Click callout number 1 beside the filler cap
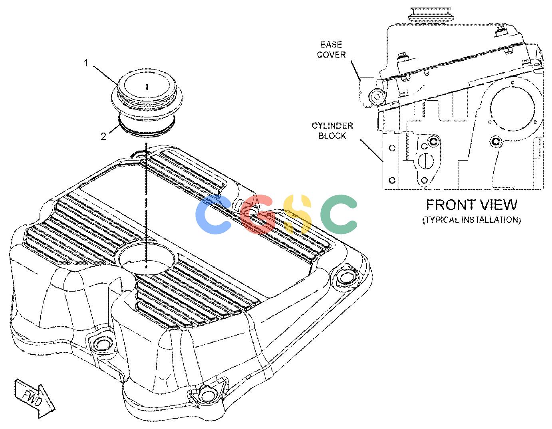(x=86, y=63)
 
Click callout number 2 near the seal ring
(x=103, y=136)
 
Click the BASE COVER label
(x=331, y=50)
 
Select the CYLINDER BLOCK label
(x=332, y=131)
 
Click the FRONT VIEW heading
(x=471, y=205)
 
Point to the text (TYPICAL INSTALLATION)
(x=471, y=219)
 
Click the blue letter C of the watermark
(x=213, y=214)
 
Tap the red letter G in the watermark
(x=258, y=214)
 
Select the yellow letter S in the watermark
(x=298, y=214)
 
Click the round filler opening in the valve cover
(x=145, y=258)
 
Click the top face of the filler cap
(x=147, y=86)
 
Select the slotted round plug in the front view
(x=423, y=161)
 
